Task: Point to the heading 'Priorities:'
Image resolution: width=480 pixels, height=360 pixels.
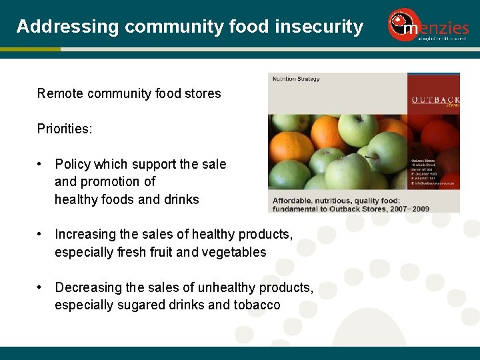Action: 65,129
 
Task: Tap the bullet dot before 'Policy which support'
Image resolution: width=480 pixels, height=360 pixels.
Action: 41,164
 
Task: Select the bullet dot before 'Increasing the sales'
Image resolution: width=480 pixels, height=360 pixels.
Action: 41,234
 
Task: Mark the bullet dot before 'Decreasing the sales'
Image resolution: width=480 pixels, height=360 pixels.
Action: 41,287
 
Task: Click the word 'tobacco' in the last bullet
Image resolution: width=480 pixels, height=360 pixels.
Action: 256,305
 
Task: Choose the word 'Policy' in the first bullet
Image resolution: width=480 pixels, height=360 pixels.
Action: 73,164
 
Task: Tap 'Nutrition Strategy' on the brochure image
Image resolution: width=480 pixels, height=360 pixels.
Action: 296,79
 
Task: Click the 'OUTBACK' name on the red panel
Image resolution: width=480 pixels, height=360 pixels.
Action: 435,100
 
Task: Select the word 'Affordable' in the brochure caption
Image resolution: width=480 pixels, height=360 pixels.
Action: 293,199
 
